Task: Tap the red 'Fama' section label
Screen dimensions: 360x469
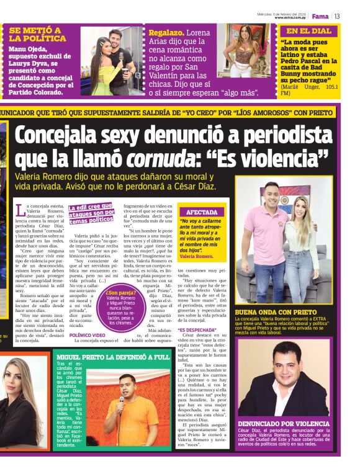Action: coord(320,16)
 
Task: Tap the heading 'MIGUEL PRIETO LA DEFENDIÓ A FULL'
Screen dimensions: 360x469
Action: coord(113,357)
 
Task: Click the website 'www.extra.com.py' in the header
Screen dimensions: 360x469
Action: coord(291,18)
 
